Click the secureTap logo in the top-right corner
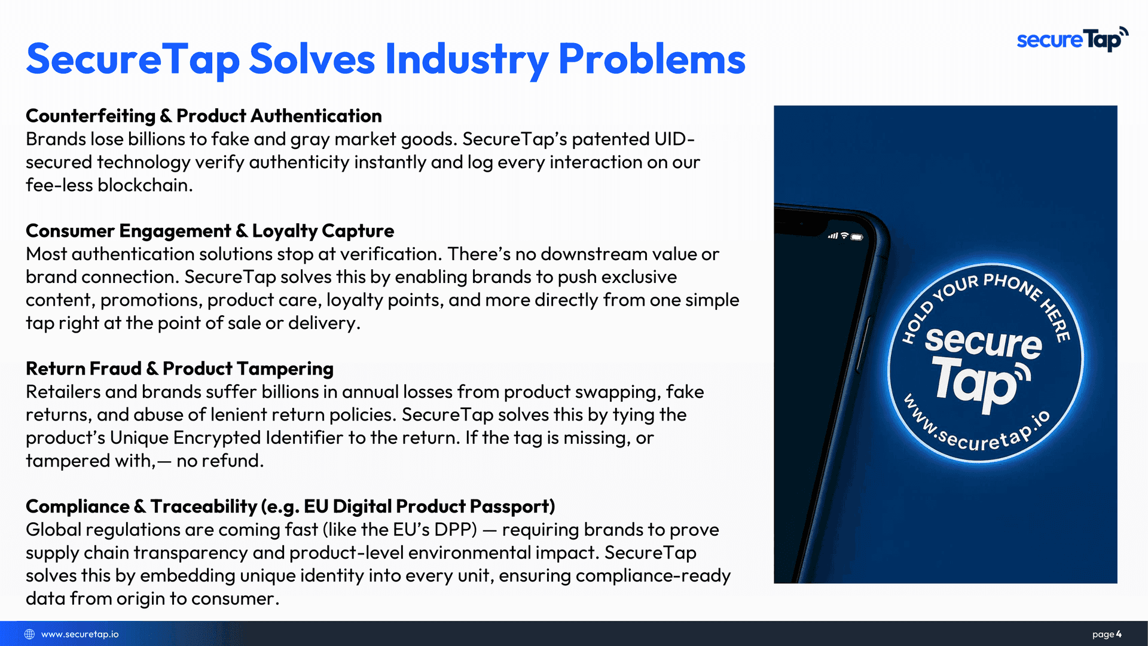1073,39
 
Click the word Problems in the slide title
652,59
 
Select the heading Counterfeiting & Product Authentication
204,115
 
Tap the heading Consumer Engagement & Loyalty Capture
210,231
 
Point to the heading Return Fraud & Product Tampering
179,368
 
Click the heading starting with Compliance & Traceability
291,507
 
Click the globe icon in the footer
29,634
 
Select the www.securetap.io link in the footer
80,634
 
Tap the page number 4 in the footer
1119,634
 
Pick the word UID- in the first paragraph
674,139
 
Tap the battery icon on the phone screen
857,237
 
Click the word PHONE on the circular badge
1013,285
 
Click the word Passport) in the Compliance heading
512,507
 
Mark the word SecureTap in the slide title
133,59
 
